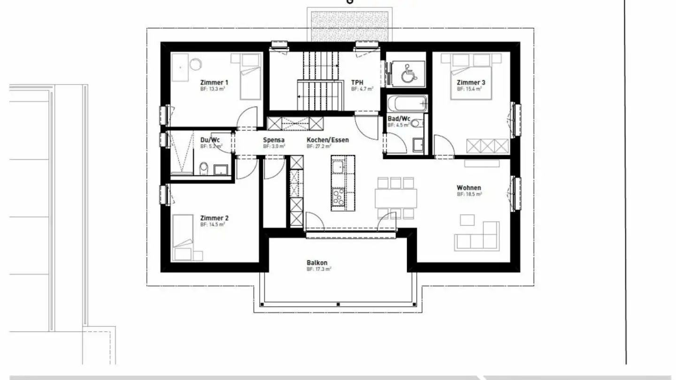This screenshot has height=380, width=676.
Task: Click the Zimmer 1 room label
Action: pyautogui.click(x=214, y=82)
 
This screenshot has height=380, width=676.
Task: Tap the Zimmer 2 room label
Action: pyautogui.click(x=214, y=218)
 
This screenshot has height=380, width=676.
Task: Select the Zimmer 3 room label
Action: pyautogui.click(x=471, y=83)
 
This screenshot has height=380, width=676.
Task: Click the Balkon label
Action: pyautogui.click(x=317, y=263)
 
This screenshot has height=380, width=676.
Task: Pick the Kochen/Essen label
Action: pyautogui.click(x=328, y=140)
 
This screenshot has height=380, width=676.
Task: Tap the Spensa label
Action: pyautogui.click(x=273, y=140)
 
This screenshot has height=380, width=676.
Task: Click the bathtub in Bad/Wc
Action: pyautogui.click(x=407, y=103)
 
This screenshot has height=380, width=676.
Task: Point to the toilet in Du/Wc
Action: pyautogui.click(x=204, y=168)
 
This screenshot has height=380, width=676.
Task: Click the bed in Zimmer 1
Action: pyautogui.click(x=250, y=76)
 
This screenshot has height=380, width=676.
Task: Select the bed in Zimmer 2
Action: pyautogui.click(x=183, y=237)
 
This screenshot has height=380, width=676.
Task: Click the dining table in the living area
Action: pyautogui.click(x=396, y=198)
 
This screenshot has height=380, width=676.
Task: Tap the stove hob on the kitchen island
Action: pyautogui.click(x=338, y=197)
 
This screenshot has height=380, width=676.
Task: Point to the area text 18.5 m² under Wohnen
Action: pyautogui.click(x=469, y=194)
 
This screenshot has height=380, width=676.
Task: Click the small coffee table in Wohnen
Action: pyautogui.click(x=467, y=220)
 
